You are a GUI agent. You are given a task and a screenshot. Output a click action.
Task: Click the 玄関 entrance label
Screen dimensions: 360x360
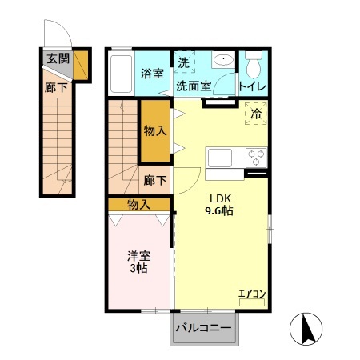[x=57, y=58]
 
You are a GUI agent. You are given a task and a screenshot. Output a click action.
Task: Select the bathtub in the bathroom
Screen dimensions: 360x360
[x=119, y=74]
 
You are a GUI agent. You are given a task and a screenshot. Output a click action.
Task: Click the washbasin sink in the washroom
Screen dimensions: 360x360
[x=223, y=60]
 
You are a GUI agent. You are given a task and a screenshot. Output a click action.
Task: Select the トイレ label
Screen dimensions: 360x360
[x=253, y=86]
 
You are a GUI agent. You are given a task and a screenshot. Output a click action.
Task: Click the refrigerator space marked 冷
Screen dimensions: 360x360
[x=256, y=114]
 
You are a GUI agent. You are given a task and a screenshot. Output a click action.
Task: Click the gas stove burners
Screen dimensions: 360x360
[x=256, y=156]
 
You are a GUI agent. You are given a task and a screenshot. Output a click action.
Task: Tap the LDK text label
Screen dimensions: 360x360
[x=220, y=199]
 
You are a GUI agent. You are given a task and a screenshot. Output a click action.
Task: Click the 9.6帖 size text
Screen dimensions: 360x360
[x=220, y=212]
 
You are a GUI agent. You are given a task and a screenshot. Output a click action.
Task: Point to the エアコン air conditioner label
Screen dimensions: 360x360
[x=252, y=294]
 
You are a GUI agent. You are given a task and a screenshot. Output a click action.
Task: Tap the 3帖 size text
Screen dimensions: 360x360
[x=138, y=270]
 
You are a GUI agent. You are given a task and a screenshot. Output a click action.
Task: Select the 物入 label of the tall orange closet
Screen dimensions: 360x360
[x=155, y=131]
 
